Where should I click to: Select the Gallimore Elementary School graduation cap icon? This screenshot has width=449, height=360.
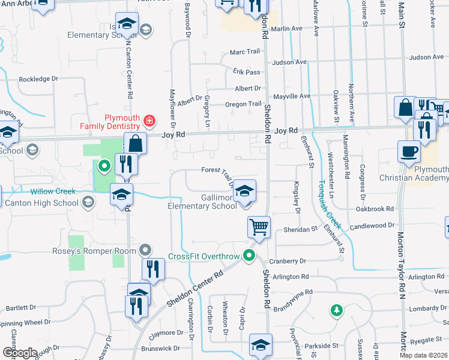[x=244, y=192]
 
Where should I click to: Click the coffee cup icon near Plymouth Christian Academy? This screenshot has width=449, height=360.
[x=409, y=151]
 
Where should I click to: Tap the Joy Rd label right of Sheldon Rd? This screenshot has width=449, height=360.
[x=286, y=130]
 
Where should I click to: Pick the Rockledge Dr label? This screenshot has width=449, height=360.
[x=38, y=79]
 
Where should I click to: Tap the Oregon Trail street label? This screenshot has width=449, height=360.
[x=243, y=104]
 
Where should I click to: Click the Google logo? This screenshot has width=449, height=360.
[x=20, y=353]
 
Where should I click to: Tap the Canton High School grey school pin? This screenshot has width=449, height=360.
[x=88, y=202]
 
